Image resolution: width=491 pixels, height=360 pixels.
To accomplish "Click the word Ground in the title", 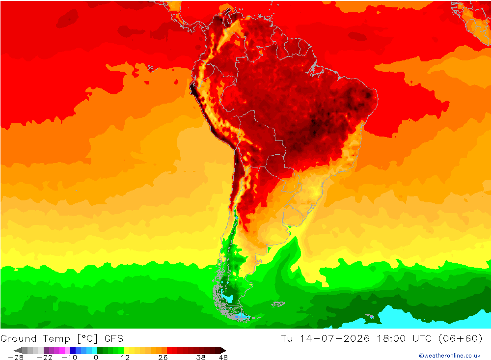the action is click(x=19, y=339).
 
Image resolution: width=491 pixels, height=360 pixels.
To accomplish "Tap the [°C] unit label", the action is click(x=87, y=339).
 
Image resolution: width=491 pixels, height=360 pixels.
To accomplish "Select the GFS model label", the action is click(x=114, y=339).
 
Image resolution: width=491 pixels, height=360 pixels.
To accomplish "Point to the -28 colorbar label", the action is click(x=16, y=358).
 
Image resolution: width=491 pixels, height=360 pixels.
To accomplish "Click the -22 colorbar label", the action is click(x=45, y=358).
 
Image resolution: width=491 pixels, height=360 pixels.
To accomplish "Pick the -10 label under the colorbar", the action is click(x=69, y=358).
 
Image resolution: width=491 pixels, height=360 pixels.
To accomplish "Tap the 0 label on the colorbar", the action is click(x=96, y=358).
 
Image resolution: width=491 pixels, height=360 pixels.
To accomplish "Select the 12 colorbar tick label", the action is click(x=125, y=358).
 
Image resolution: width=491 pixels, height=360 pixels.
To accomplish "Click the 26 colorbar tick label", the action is click(x=163, y=358).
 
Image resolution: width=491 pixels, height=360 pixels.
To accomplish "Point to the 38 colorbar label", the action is click(x=201, y=358).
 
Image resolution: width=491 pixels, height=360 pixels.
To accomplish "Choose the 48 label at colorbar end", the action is click(x=223, y=358).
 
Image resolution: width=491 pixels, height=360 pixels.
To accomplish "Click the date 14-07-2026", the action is click(x=335, y=339).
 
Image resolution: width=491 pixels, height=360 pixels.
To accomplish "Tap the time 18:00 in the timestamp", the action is click(x=391, y=339).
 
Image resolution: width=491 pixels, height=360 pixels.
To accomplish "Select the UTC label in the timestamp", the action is click(x=422, y=339).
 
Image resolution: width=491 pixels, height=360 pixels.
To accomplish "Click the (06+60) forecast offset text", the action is click(x=461, y=339).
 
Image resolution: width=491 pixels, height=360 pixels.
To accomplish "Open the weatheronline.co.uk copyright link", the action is click(x=450, y=356).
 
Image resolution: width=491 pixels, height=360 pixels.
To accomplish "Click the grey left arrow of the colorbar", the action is click(x=18, y=350).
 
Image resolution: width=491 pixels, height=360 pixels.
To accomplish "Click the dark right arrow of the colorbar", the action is click(x=223, y=350).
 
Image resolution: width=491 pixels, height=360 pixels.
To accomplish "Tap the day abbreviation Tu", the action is click(x=287, y=339).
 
